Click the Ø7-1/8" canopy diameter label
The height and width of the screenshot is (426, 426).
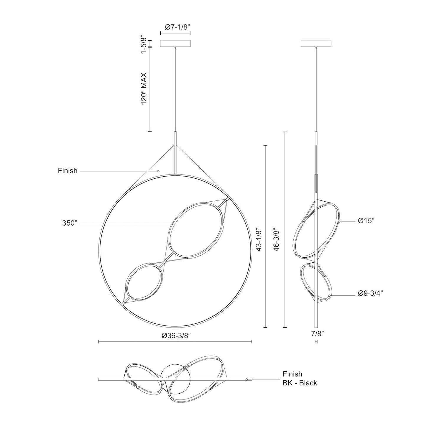click(x=175, y=27)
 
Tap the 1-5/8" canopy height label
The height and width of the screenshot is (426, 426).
click(x=144, y=45)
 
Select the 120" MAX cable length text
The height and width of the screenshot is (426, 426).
click(x=144, y=88)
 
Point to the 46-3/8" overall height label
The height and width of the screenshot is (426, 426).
click(x=277, y=239)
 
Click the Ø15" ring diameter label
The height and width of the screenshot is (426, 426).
click(x=366, y=221)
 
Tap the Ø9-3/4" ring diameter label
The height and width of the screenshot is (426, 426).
click(x=370, y=293)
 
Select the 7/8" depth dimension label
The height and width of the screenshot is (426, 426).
click(x=318, y=334)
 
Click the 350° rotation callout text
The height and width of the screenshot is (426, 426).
click(x=70, y=223)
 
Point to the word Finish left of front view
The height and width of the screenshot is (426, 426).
click(x=68, y=171)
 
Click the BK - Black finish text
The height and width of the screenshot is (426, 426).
click(x=300, y=383)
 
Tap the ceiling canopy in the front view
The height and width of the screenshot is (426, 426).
click(x=175, y=43)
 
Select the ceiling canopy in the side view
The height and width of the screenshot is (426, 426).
click(x=316, y=43)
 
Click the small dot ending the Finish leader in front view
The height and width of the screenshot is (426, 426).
click(x=158, y=171)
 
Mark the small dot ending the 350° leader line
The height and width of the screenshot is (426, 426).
click(x=171, y=224)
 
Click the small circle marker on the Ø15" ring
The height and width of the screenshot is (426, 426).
click(x=340, y=221)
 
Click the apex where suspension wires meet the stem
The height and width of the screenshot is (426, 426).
click(x=175, y=145)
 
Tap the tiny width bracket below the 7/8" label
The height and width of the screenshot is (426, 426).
click(x=316, y=342)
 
